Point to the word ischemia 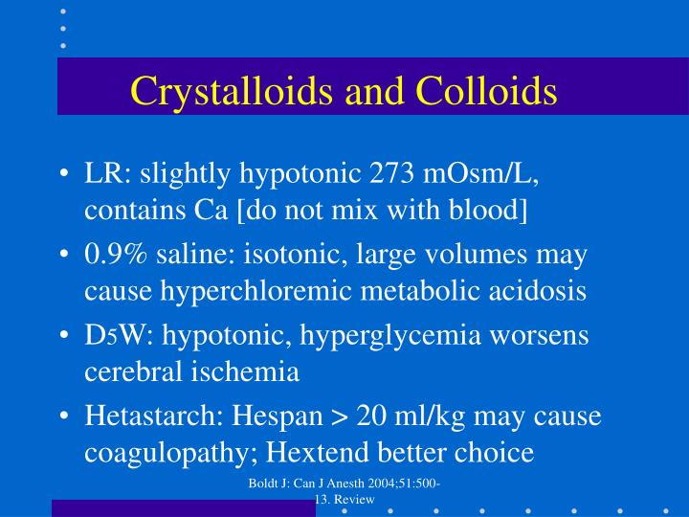tap(251, 371)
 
